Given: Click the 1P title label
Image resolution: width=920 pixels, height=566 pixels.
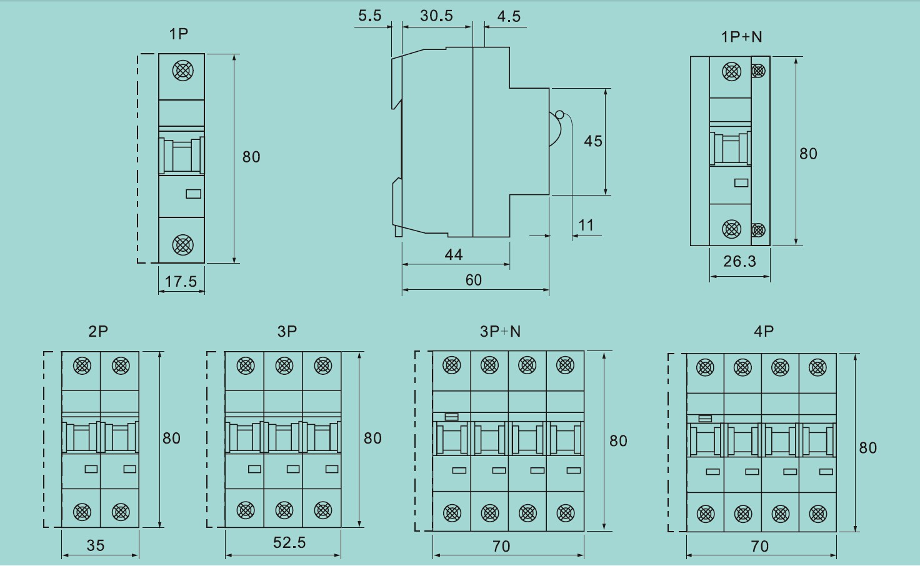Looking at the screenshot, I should (x=179, y=34).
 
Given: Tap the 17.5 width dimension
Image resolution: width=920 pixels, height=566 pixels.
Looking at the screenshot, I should (x=181, y=282).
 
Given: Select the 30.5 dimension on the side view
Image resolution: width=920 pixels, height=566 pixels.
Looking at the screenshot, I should (x=436, y=16).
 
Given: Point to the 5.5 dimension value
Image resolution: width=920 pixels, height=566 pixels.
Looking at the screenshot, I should (x=369, y=16).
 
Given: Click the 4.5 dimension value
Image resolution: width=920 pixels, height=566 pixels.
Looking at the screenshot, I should (x=509, y=17).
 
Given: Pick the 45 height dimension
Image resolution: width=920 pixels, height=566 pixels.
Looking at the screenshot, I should (x=593, y=141).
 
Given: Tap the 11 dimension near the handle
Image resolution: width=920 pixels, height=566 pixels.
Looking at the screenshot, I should (x=586, y=225).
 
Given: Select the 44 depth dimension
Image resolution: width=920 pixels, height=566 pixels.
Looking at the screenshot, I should (x=454, y=254).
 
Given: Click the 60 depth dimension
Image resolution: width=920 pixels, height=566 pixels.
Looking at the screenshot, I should (x=474, y=280).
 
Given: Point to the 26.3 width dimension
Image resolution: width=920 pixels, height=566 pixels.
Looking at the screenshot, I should (x=739, y=261).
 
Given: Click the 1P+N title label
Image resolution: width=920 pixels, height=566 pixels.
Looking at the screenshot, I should (x=742, y=37).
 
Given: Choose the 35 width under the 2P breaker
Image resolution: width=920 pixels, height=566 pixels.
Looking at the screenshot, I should (x=96, y=545).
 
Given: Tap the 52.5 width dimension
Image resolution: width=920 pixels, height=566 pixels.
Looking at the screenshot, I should (x=289, y=542).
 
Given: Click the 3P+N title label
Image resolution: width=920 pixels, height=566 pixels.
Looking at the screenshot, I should (x=500, y=331).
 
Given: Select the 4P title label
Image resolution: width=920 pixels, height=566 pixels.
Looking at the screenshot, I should (x=764, y=331).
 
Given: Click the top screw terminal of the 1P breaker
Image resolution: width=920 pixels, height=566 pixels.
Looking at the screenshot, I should (x=182, y=71).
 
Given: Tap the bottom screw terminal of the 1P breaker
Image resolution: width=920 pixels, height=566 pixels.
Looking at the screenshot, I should (x=182, y=245).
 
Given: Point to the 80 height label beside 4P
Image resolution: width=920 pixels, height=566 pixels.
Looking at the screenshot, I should (x=868, y=447).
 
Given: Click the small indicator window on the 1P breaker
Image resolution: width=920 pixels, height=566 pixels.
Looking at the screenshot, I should (x=194, y=194).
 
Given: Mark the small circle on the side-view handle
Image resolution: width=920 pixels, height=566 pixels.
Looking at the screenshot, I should (x=559, y=114).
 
